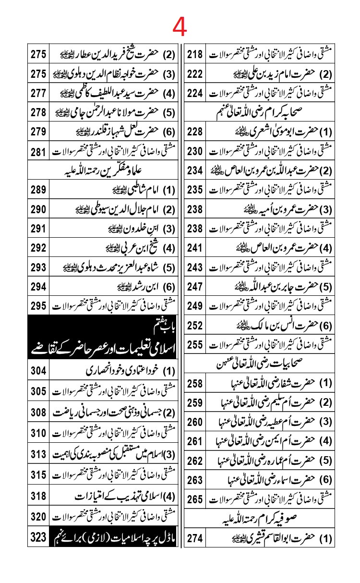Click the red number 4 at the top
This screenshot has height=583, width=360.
180,28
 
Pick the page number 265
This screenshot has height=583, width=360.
195,498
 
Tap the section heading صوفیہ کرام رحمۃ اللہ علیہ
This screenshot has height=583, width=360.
269,518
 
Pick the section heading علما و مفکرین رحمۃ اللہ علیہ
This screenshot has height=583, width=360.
103,170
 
